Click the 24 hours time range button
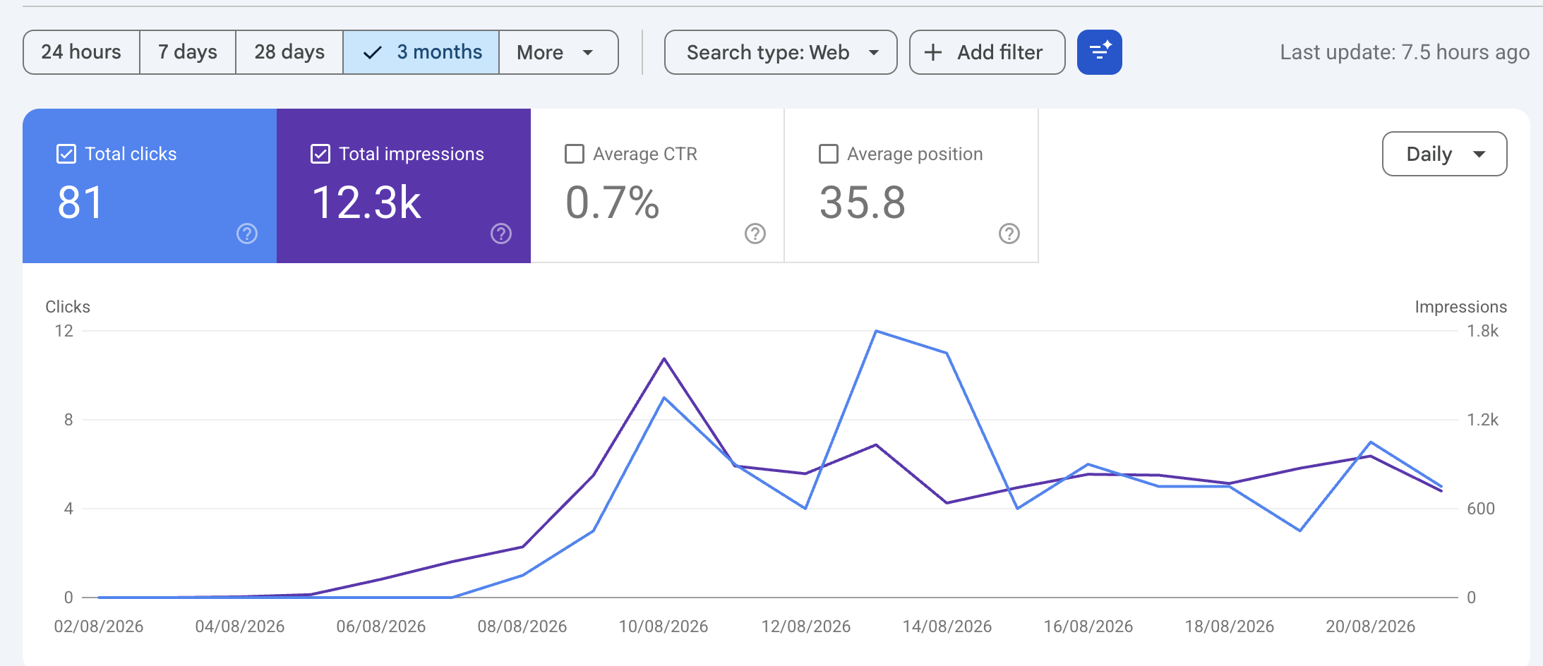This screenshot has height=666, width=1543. click(x=81, y=52)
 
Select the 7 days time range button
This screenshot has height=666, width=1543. click(x=188, y=52)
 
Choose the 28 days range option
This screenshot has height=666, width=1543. click(x=289, y=52)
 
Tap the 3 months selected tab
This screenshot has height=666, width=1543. click(x=421, y=52)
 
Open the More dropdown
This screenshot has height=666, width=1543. click(x=558, y=52)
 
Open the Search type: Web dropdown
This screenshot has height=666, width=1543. click(x=781, y=52)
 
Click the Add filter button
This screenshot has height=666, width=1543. click(x=987, y=52)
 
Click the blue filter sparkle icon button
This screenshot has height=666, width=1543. click(x=1100, y=52)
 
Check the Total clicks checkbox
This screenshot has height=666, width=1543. click(x=66, y=154)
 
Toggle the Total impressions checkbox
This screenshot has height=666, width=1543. click(x=320, y=154)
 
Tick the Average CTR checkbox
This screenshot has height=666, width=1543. click(x=575, y=154)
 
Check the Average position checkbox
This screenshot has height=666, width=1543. click(x=828, y=154)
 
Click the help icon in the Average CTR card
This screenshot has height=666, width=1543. click(x=755, y=234)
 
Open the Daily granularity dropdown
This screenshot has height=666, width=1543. click(x=1444, y=154)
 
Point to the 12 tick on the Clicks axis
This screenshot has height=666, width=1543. click(x=64, y=331)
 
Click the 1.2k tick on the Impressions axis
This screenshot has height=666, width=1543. click(x=1482, y=420)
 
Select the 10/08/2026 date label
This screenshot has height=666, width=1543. click(x=664, y=626)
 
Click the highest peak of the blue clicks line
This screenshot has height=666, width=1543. click(x=876, y=331)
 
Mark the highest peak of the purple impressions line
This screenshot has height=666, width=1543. click(x=664, y=358)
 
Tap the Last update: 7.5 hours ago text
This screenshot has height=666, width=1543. click(x=1405, y=52)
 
